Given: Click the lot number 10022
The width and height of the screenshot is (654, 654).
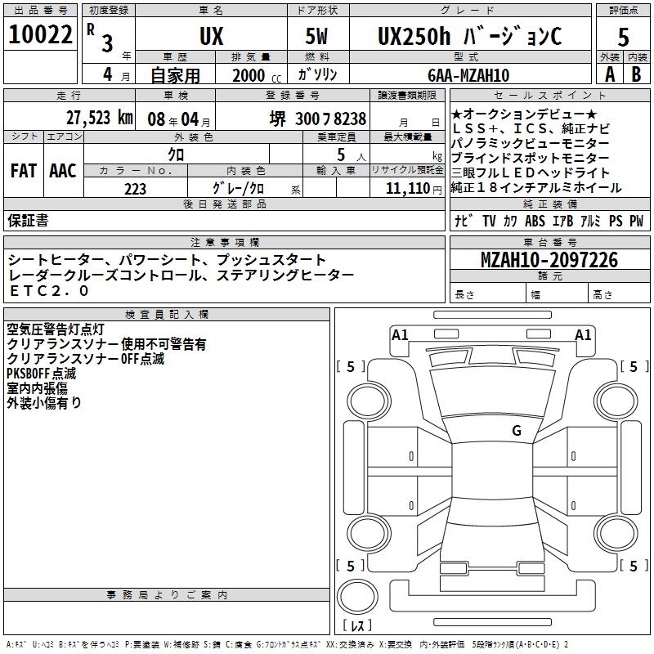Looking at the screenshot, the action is [40, 34].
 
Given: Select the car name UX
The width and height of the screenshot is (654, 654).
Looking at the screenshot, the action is [211, 36].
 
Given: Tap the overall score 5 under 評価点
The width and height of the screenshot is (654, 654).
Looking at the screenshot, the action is [623, 36].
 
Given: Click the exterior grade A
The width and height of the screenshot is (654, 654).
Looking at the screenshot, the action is [609, 74].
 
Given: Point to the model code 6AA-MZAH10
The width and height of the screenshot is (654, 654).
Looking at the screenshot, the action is [468, 75].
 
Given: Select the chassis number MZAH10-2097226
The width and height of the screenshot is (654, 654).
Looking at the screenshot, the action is [549, 261].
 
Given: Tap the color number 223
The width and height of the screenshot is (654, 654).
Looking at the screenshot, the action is [135, 189].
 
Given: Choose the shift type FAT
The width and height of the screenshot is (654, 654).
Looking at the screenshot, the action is [23, 171].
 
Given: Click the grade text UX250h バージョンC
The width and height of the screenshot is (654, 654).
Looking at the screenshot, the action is [469, 36].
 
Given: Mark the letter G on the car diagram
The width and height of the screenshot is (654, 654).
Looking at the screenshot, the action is [517, 431].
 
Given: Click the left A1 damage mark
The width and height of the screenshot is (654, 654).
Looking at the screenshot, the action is [400, 334].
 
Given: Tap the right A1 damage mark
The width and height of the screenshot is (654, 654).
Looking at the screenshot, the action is [583, 334].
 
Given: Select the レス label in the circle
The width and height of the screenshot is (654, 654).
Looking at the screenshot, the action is [356, 625].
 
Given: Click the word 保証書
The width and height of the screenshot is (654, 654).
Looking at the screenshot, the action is [28, 221].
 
